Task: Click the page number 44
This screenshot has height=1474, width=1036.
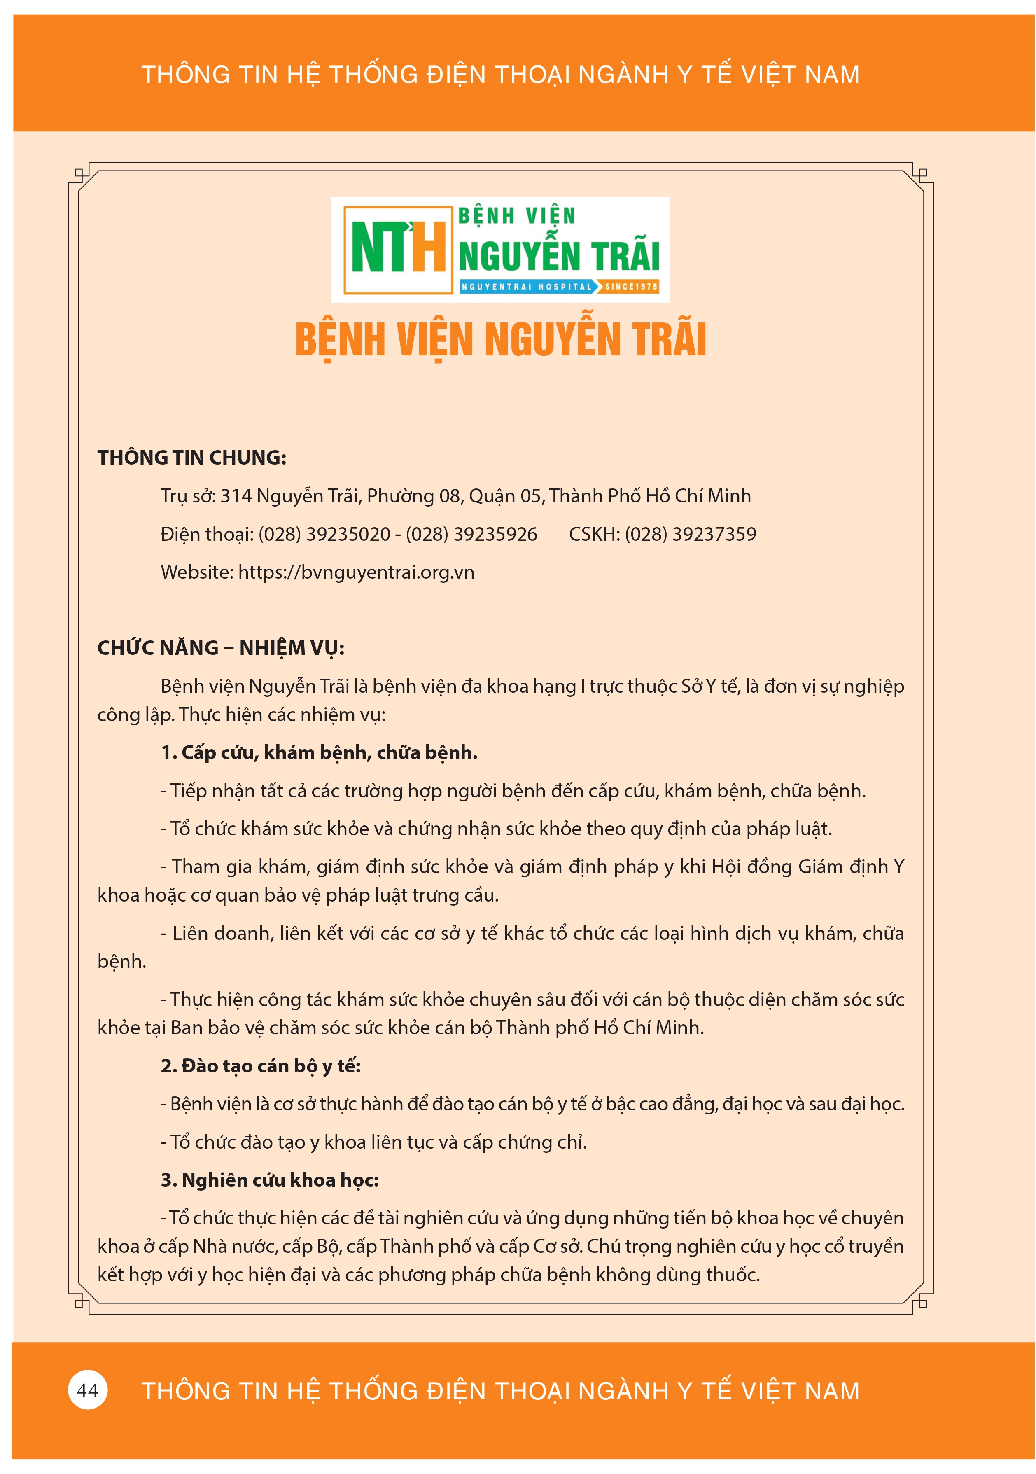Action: point(87,1390)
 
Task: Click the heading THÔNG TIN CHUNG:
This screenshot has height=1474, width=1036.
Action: point(192,458)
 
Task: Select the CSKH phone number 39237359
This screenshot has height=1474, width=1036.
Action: point(690,534)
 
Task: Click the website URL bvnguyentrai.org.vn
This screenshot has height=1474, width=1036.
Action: point(356,572)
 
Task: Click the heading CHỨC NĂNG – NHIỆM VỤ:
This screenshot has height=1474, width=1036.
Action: point(221,648)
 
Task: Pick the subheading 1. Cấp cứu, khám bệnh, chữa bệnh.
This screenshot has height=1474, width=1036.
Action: point(319,752)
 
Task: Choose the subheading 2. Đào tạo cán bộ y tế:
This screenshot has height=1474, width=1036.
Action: point(261,1066)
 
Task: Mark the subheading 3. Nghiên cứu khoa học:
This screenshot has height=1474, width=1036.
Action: point(270,1180)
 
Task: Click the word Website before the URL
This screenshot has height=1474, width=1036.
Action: point(196,572)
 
